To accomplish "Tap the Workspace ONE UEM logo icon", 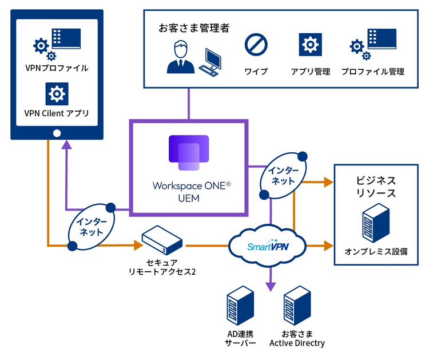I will point(188,153).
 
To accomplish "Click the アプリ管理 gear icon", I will point(309,44).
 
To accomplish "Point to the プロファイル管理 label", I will point(372,72).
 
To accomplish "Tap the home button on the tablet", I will point(57,133).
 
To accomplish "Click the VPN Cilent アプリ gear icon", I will point(57,93).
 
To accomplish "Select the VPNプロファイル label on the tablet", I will point(57,68).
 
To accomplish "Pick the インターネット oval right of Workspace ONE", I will point(284,175).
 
